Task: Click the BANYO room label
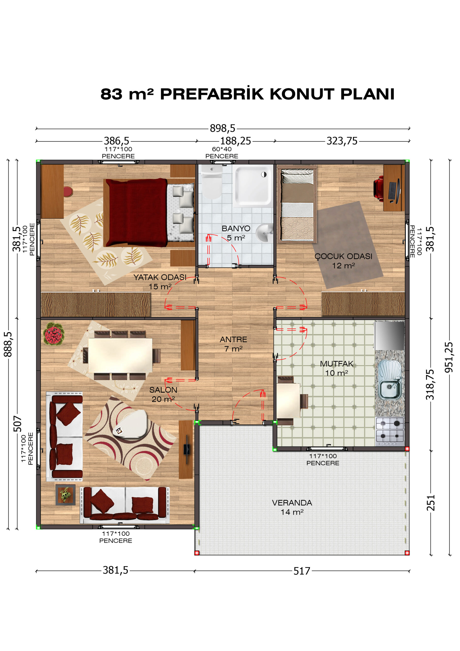(x=236, y=229)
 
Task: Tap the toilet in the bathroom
(x=211, y=182)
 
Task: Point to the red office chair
(x=379, y=187)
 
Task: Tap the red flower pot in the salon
(x=54, y=334)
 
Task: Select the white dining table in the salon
(x=120, y=355)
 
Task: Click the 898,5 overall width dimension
(x=222, y=128)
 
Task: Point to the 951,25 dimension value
(x=449, y=357)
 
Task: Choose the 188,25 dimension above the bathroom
(x=236, y=141)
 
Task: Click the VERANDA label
(x=292, y=503)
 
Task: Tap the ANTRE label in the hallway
(x=233, y=339)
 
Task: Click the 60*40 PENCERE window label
(x=222, y=153)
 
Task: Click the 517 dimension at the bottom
(x=302, y=571)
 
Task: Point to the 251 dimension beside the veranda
(x=431, y=503)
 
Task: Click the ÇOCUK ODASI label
(x=343, y=256)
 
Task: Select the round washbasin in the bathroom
(x=265, y=233)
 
